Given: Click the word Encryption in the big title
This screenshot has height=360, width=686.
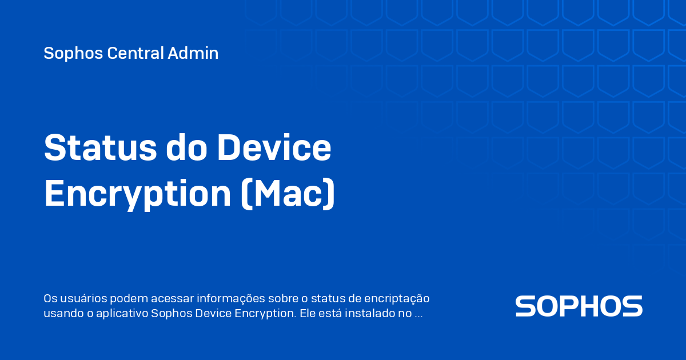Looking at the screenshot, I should (x=137, y=194).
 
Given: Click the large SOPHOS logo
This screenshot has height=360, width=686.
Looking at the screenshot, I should (x=579, y=306).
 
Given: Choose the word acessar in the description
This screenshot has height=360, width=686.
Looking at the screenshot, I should (x=172, y=298).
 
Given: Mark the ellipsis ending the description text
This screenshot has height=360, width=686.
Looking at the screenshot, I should (x=418, y=314).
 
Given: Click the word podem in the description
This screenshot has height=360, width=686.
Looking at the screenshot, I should (x=129, y=298).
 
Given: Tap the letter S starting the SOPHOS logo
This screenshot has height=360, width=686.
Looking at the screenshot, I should (x=526, y=306).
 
